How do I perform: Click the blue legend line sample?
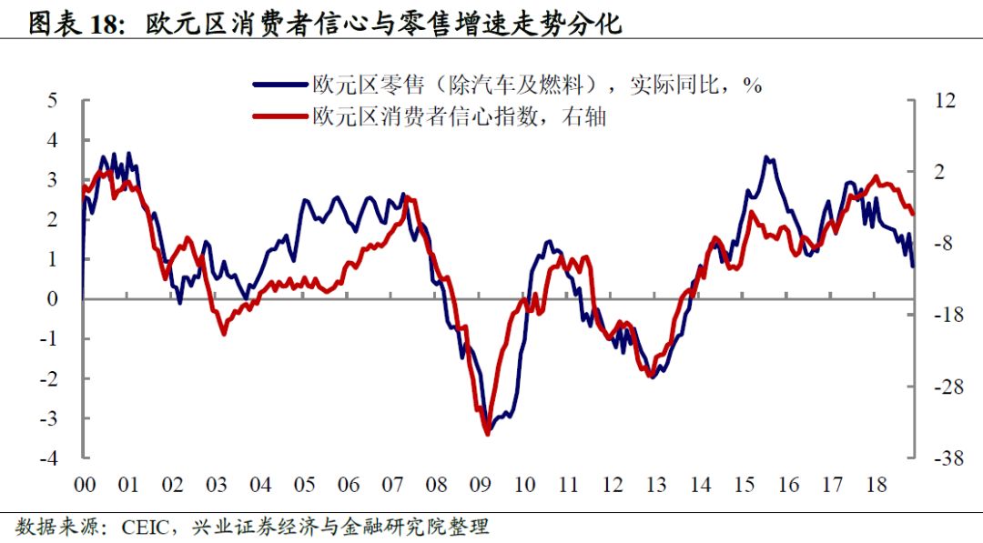280,85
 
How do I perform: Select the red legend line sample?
280,116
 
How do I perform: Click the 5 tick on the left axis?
53,100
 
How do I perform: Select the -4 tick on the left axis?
49,458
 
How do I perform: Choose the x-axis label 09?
481,485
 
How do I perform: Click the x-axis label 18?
877,485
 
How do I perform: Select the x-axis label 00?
84,485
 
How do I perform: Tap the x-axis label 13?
656,485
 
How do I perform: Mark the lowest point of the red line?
487,434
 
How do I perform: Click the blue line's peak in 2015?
767,157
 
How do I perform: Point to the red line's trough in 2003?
223,334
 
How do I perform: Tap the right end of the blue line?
913,266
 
